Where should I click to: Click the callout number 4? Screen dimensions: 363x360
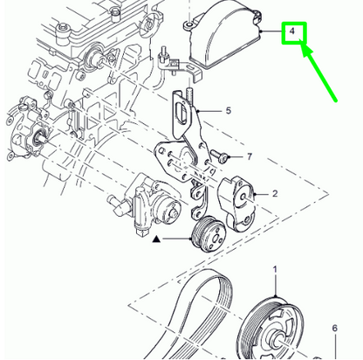tap(292, 31)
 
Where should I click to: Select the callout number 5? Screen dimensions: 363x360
tap(229, 111)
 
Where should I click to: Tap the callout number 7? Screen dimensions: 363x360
tap(250, 156)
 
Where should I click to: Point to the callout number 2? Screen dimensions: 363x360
tap(275, 193)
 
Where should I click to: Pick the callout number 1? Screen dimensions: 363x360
tap(275, 269)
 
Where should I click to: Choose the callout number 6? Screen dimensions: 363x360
tap(335, 328)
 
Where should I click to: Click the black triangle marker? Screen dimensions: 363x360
tap(156, 239)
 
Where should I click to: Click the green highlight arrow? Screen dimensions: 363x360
tap(318, 73)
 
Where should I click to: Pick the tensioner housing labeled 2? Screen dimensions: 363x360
tap(238, 204)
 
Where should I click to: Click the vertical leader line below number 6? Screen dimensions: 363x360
tap(335, 347)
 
